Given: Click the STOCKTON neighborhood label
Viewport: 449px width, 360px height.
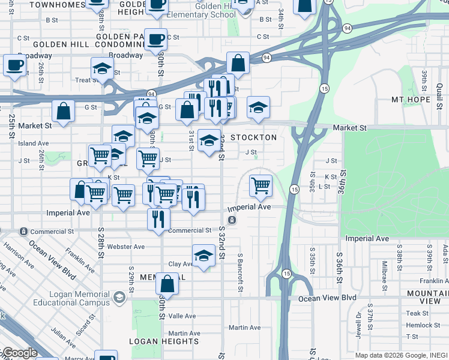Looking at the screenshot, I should click(254, 137).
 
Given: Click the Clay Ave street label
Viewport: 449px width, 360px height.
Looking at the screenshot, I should click(180, 264).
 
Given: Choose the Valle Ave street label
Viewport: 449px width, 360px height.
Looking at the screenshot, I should click(182, 316).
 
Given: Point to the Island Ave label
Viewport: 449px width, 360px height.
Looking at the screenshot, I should click(34, 143).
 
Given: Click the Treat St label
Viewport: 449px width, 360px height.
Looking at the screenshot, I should click(87, 80).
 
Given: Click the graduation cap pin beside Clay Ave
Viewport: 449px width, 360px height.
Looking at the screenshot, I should click(203, 256).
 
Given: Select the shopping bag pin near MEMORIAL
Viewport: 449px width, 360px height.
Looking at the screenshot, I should click(169, 284).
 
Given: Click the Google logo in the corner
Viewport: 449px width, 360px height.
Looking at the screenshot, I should click(19, 353).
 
